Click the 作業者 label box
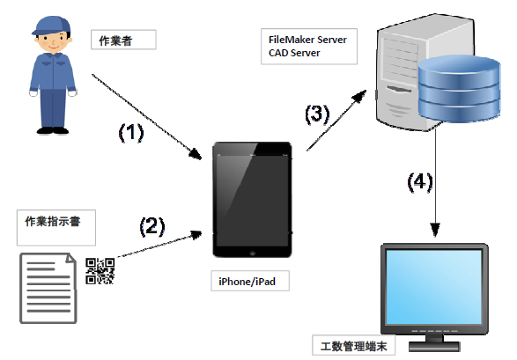pyautogui.click(x=122, y=40)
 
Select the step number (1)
pyautogui.click(x=133, y=134)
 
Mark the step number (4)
pyautogui.click(x=419, y=183)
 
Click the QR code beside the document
pyautogui.click(x=100, y=271)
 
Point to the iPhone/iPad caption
pyautogui.click(x=253, y=283)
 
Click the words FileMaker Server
pyautogui.click(x=307, y=40)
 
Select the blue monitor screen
pyautogui.click(x=434, y=286)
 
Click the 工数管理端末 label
pyautogui.click(x=354, y=346)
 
